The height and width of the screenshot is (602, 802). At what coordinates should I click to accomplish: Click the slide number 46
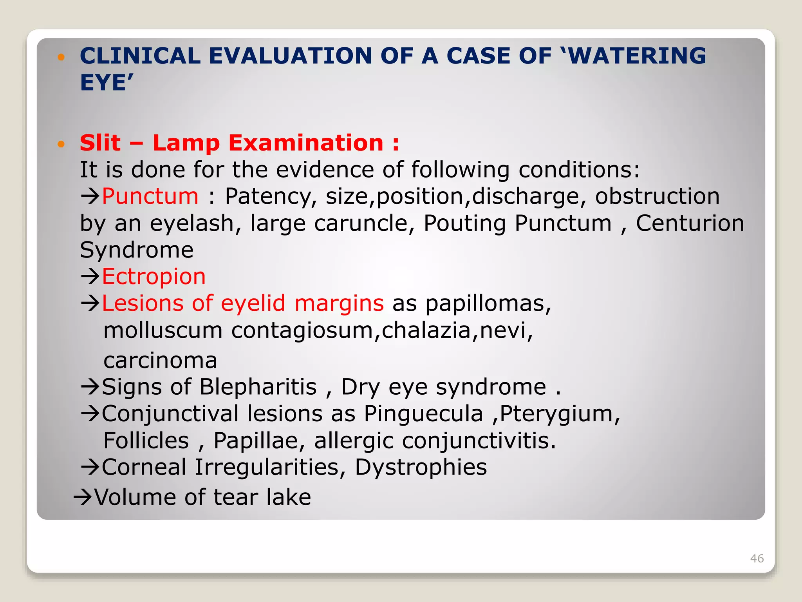[757, 558]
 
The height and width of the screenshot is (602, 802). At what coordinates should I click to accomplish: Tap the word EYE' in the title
[107, 83]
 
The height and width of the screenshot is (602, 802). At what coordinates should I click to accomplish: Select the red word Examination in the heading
[306, 143]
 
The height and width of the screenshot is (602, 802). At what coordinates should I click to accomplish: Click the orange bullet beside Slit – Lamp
[61, 144]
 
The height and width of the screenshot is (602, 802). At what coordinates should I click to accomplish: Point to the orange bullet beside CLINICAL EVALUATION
[61, 57]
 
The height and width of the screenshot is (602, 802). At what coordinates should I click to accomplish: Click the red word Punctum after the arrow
[150, 196]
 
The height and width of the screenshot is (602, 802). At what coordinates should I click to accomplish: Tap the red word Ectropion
[154, 276]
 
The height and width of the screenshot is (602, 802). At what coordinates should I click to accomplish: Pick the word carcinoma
[160, 360]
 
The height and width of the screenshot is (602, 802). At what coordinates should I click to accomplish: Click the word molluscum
[163, 330]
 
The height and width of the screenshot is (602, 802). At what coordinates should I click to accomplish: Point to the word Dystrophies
[421, 467]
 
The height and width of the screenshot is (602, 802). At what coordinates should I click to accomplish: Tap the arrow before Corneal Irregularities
[90, 467]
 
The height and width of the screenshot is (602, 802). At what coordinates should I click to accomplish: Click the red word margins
[339, 303]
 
